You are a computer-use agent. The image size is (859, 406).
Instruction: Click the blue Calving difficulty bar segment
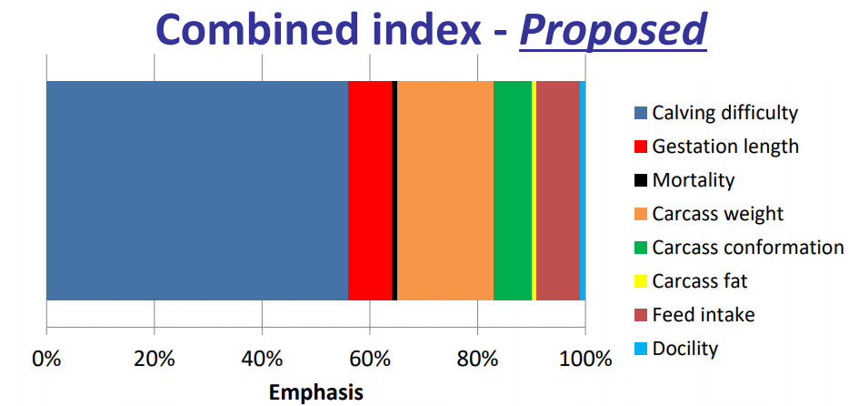pyautogui.click(x=197, y=190)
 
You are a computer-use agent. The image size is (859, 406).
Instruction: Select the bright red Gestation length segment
pyautogui.click(x=370, y=190)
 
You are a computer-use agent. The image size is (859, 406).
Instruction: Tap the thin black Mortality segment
pyautogui.click(x=395, y=190)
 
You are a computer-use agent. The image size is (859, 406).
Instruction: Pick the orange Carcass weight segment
pyautogui.click(x=445, y=190)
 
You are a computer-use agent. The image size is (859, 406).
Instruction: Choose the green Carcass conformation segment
pyautogui.click(x=513, y=190)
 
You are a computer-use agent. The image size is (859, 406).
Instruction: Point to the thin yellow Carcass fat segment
pyautogui.click(x=534, y=190)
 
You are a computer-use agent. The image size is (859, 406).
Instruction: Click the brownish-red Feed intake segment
pyautogui.click(x=558, y=190)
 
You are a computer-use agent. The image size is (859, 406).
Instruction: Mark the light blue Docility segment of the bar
pyautogui.click(x=583, y=190)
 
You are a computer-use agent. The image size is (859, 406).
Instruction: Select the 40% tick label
pyautogui.click(x=262, y=360)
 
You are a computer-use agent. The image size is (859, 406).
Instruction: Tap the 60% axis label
pyautogui.click(x=370, y=360)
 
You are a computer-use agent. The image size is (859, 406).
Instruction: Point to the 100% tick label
pyautogui.click(x=585, y=360)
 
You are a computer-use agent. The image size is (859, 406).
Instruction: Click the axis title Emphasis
pyautogui.click(x=316, y=393)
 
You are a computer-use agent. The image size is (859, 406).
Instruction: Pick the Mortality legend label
pyautogui.click(x=693, y=179)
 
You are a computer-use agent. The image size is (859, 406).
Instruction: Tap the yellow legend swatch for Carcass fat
pyautogui.click(x=641, y=281)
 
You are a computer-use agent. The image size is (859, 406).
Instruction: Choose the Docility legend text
pyautogui.click(x=684, y=349)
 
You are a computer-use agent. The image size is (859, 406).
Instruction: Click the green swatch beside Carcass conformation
pyautogui.click(x=641, y=248)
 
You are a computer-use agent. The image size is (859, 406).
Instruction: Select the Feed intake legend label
pyautogui.click(x=704, y=315)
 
